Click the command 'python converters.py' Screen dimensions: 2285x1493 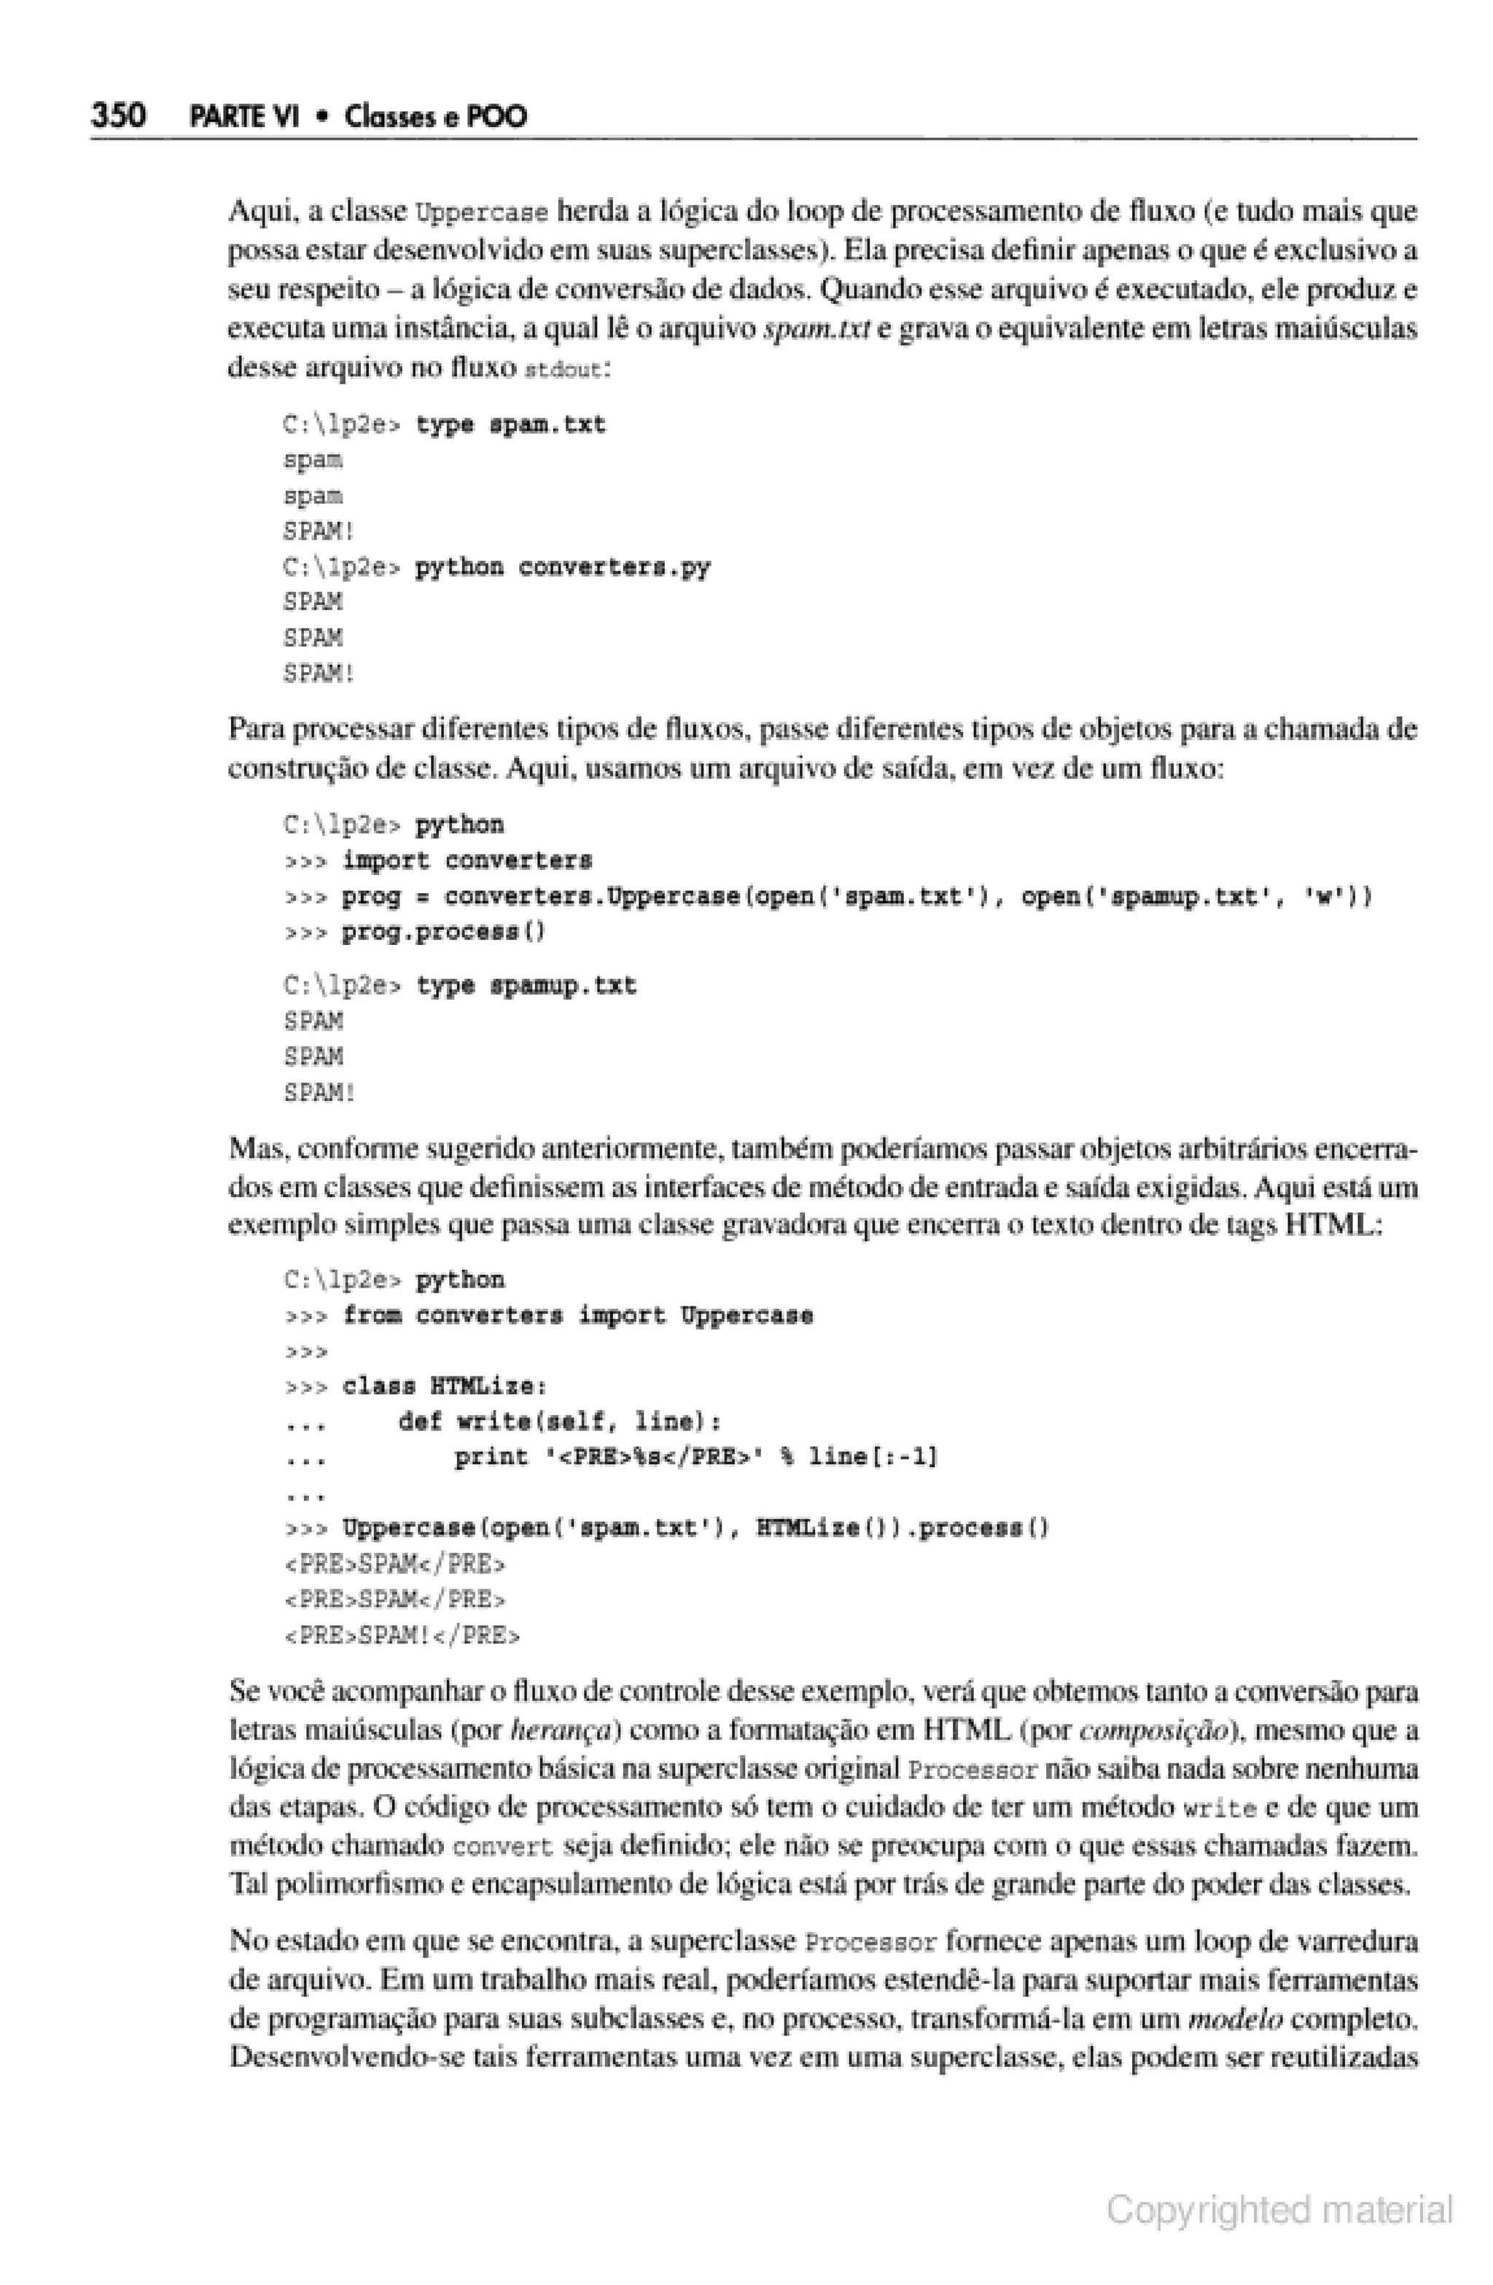[x=561, y=567]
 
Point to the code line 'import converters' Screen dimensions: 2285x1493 [x=467, y=860]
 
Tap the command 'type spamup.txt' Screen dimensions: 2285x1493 [x=525, y=986]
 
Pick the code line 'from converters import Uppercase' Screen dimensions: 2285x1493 [x=577, y=1315]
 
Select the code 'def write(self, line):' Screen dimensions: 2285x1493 [x=560, y=1422]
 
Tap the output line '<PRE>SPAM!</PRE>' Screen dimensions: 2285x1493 [x=402, y=1635]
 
